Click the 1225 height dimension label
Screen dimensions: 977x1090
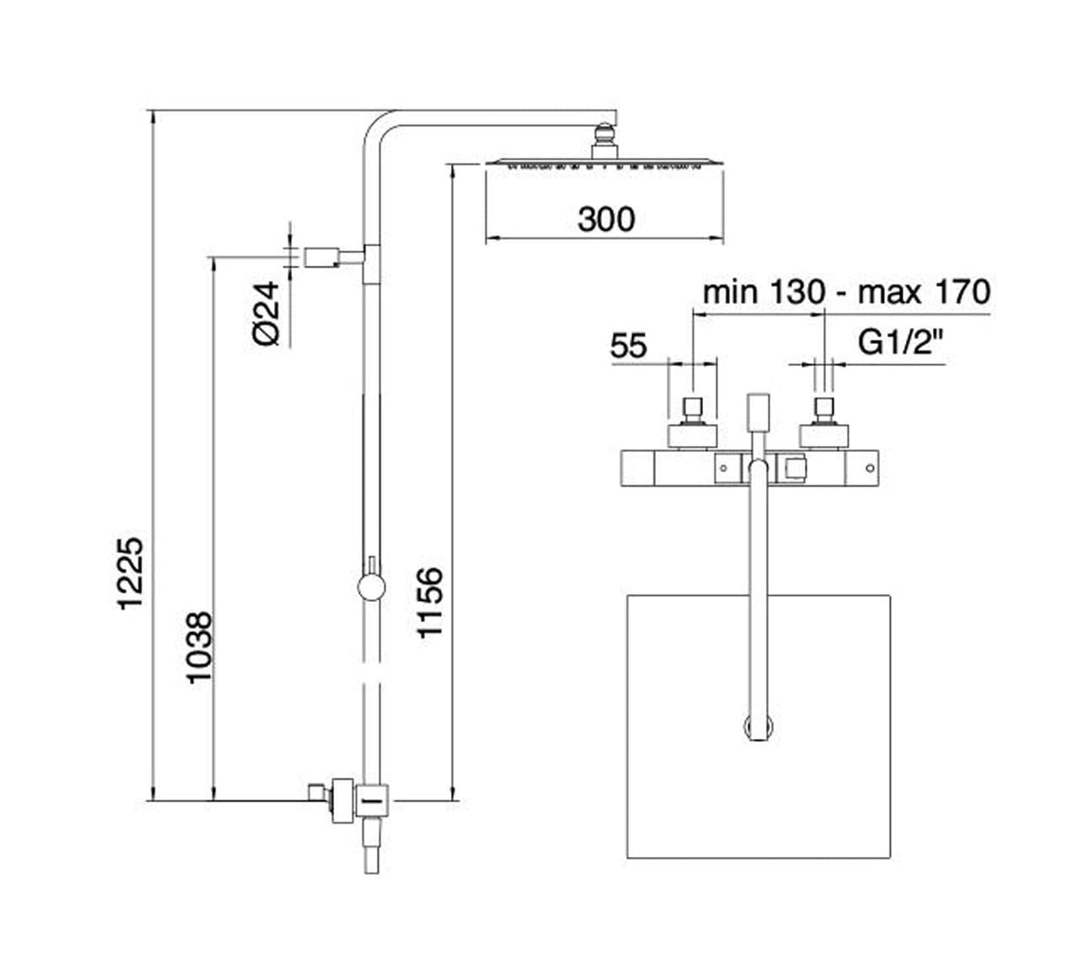130,573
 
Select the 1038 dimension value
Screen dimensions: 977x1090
200,647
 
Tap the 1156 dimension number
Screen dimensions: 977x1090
430,604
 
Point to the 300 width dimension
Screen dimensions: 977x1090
606,220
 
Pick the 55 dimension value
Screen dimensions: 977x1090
628,346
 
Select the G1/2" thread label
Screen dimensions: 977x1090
901,344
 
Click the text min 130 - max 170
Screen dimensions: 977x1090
846,292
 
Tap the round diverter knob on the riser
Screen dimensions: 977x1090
371,586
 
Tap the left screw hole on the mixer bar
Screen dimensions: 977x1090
723,469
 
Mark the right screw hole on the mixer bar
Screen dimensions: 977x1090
870,469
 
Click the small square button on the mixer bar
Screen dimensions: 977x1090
794,469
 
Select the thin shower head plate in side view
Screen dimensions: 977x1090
604,161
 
